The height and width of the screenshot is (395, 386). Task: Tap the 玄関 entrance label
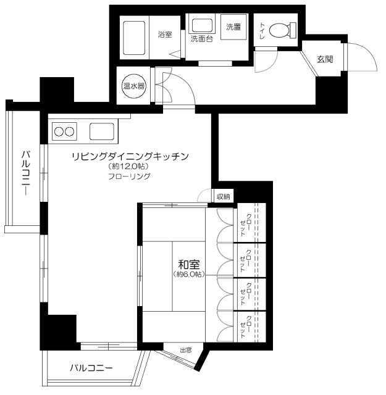325,59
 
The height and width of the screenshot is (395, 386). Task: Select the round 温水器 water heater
133,86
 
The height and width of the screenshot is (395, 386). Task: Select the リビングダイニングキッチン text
129,156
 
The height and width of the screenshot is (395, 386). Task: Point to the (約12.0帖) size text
128,167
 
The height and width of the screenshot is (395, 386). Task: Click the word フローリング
128,177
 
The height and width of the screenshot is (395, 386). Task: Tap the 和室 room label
187,263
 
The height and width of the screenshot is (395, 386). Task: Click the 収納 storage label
223,197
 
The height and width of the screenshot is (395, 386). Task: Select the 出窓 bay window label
185,351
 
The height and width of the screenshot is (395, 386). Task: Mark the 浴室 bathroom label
164,35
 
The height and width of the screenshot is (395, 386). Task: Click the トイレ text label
262,30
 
